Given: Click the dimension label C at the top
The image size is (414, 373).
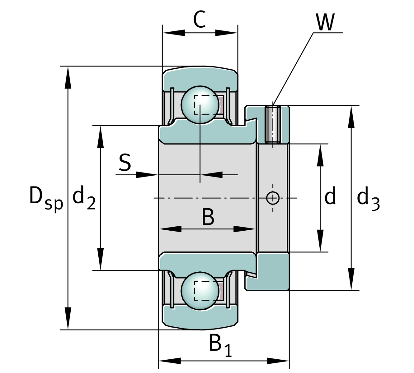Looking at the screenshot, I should point(200,20).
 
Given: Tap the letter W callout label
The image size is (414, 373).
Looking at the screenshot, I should point(325,22).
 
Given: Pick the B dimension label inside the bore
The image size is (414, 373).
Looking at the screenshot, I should point(208,217).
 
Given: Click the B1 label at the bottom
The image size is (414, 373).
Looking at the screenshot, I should point(220,345).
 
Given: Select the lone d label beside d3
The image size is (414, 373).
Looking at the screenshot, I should point(330,197).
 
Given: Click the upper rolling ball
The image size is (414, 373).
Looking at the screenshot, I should point(200,105).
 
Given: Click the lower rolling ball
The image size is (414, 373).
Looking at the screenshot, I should point(200,291).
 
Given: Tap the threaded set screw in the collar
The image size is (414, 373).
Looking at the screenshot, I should point(273,124).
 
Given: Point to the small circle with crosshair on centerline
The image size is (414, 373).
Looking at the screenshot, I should point(273,198).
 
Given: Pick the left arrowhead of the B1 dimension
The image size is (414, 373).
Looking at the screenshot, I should point(170,361).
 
